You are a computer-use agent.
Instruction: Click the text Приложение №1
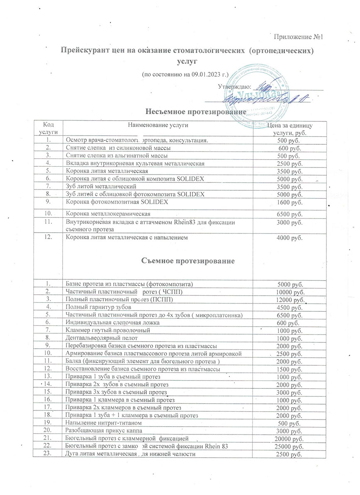coord(299,37)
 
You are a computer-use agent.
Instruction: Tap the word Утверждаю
coord(234,87)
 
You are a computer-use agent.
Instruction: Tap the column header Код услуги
coord(47,128)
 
